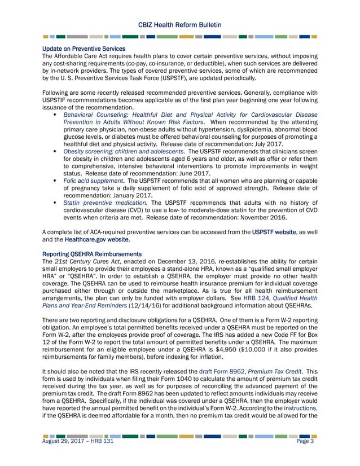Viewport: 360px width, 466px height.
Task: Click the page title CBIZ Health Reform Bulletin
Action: [180, 24]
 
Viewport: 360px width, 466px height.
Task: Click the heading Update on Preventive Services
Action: [84, 49]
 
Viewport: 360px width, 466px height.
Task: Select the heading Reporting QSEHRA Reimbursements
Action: [91, 255]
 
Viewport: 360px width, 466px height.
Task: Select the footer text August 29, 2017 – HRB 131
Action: [81, 457]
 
